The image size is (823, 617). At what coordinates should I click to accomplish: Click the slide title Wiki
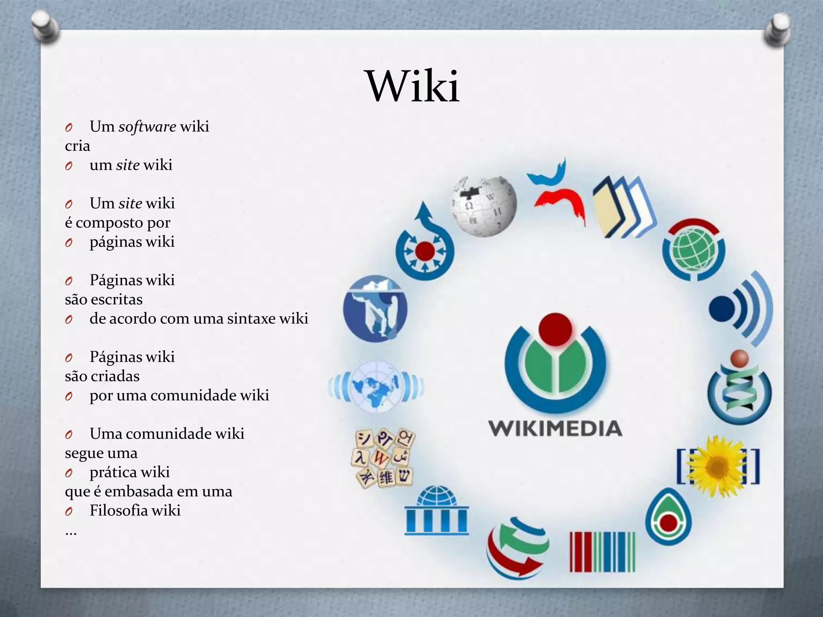pyautogui.click(x=413, y=86)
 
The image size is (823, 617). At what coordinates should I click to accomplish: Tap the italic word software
pyautogui.click(x=147, y=127)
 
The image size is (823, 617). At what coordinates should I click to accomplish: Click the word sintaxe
pyautogui.click(x=251, y=319)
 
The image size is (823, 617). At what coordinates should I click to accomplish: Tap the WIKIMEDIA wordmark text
pyautogui.click(x=555, y=429)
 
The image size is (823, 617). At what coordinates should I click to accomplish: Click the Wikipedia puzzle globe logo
pyautogui.click(x=483, y=206)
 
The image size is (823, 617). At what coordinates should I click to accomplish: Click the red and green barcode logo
pyautogui.click(x=602, y=552)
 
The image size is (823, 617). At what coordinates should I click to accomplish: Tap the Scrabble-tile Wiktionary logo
pyautogui.click(x=383, y=458)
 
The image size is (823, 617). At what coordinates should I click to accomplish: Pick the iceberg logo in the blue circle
pyautogui.click(x=375, y=308)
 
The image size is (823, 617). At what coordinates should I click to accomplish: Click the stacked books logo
pyautogui.click(x=624, y=208)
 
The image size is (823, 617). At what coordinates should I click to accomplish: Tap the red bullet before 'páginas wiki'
pyautogui.click(x=69, y=243)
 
